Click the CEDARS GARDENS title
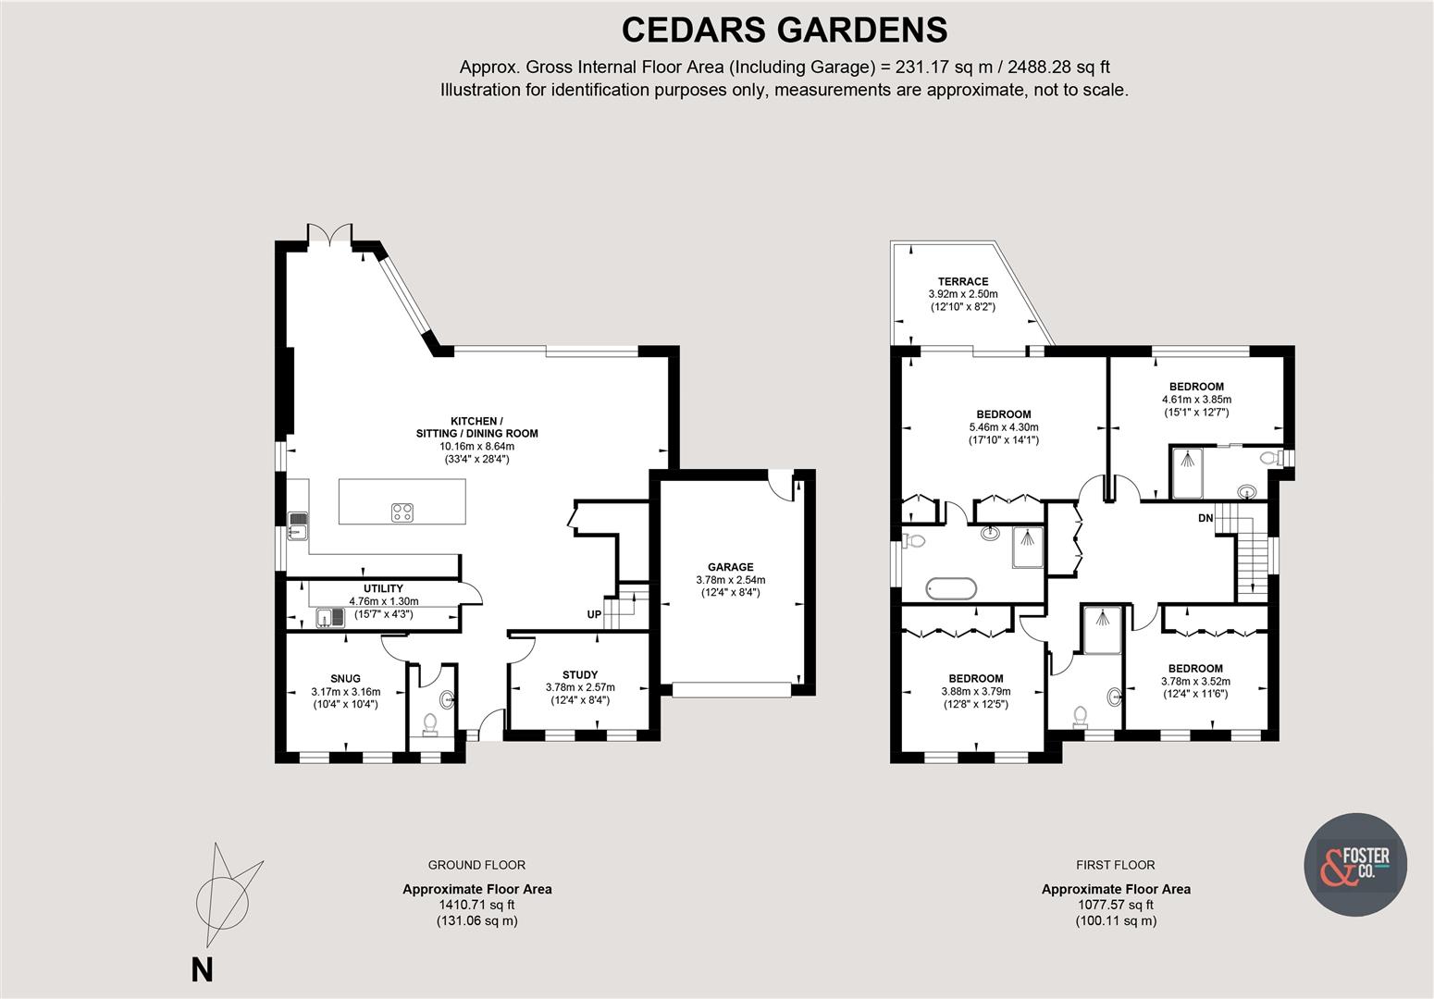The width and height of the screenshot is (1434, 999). pos(784,30)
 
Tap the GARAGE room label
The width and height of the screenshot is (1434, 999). pos(731,567)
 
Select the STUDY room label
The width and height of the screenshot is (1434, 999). pos(580,674)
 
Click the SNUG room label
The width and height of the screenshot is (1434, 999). pos(345,678)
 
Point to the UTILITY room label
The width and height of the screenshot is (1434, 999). pos(383,588)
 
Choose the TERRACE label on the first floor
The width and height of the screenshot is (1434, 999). pos(962,281)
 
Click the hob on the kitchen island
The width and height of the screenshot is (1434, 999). pos(402,512)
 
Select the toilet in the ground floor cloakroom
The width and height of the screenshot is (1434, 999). pos(430,722)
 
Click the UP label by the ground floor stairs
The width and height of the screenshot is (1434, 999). pos(594,614)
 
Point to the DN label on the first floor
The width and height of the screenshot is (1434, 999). pos(1205,518)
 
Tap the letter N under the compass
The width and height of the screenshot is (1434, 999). pos(202,969)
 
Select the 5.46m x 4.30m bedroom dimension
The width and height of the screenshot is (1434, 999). pos(1003,427)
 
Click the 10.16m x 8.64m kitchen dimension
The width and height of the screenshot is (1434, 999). pos(476,446)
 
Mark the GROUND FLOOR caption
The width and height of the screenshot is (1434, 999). pos(476,865)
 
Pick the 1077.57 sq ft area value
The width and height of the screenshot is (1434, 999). pos(1116,905)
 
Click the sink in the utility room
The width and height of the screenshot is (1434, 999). pos(327,617)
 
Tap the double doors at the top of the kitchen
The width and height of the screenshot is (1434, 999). pos(330,232)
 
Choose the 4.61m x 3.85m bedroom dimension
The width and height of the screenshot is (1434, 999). pos(1196,400)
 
